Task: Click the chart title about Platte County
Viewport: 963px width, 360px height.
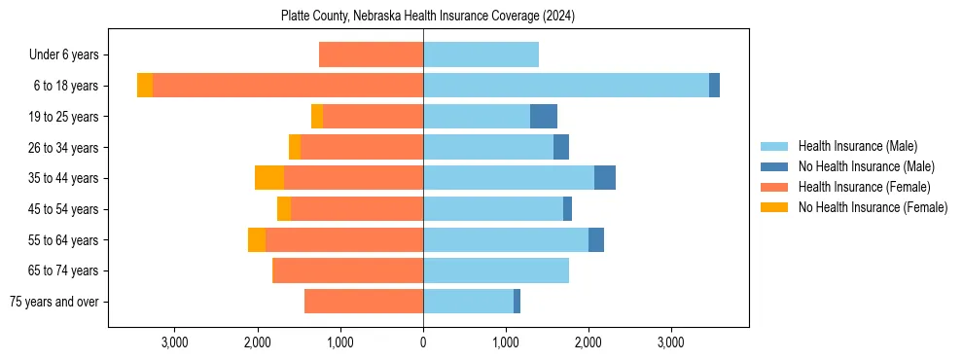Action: (x=428, y=16)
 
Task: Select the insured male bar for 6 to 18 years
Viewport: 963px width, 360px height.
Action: (x=565, y=86)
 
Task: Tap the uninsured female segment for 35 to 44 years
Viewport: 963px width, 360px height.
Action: (x=269, y=178)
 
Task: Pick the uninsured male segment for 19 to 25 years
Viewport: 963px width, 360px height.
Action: (x=544, y=117)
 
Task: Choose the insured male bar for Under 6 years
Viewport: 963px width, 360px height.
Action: (x=481, y=55)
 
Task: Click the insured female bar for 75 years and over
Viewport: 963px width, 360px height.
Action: (x=364, y=302)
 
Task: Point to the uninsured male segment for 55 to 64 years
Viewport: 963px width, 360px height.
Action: (x=596, y=240)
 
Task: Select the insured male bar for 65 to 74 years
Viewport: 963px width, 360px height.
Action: (x=496, y=270)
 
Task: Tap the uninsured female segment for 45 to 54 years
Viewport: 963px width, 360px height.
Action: (x=284, y=209)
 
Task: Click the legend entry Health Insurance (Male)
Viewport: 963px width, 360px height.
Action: (x=857, y=146)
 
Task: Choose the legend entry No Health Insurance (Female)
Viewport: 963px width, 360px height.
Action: (x=872, y=207)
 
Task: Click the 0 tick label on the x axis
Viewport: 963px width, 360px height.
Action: (x=423, y=343)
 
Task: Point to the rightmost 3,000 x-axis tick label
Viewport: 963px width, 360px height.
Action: (x=671, y=343)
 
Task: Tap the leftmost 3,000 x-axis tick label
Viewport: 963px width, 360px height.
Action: (x=175, y=343)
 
